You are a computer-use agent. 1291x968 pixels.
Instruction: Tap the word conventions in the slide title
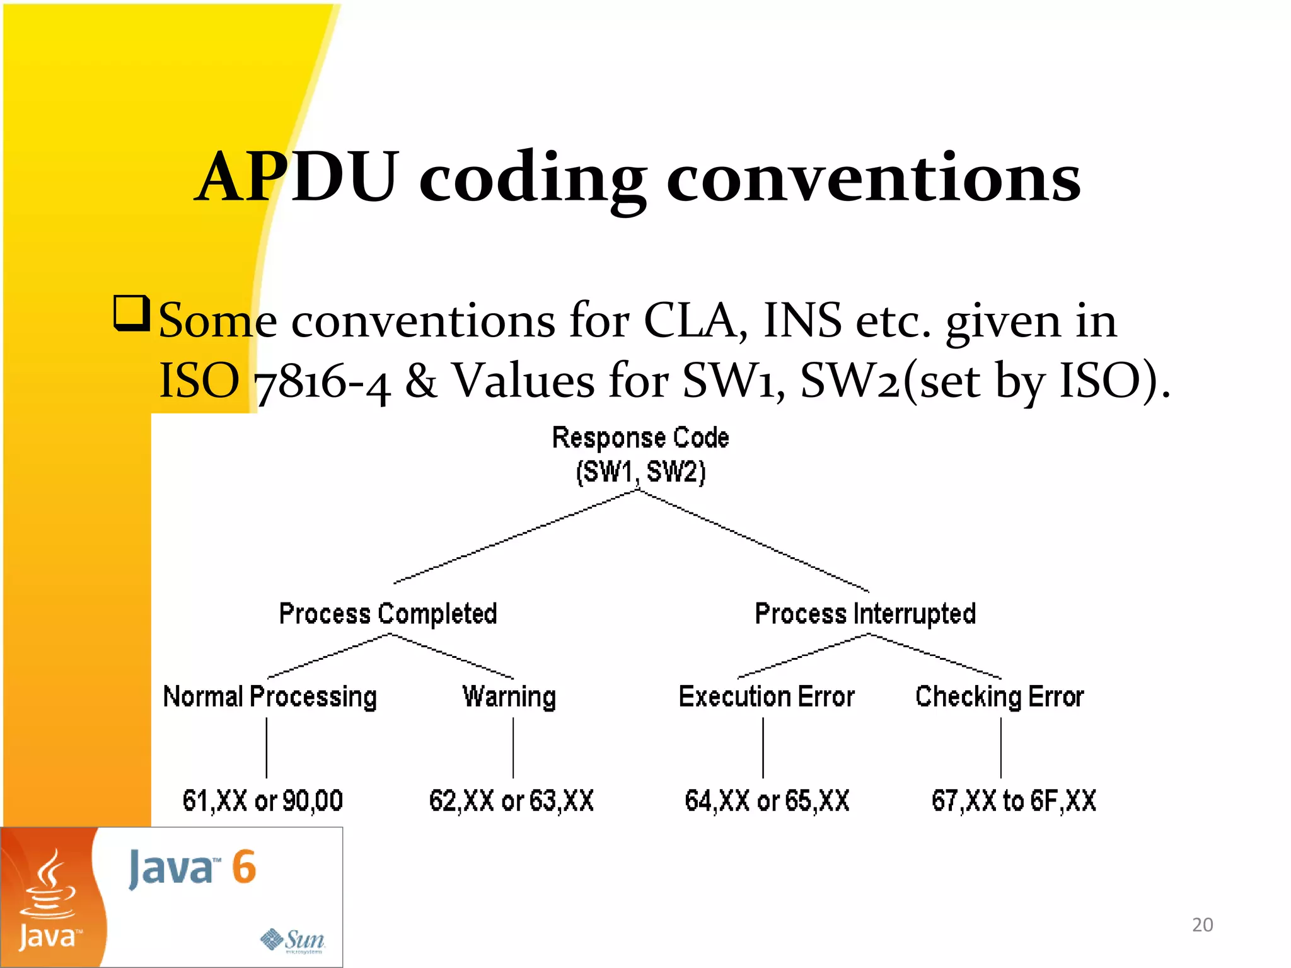(x=873, y=178)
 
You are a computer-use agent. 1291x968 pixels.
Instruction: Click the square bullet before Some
(x=131, y=313)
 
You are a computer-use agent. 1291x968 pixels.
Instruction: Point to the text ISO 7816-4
(x=274, y=381)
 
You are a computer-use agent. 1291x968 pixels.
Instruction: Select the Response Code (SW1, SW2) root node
(x=640, y=454)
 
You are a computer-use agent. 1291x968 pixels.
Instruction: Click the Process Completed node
(x=388, y=614)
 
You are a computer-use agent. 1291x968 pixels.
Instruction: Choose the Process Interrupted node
(x=865, y=614)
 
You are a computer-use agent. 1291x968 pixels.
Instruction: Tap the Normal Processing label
(x=270, y=697)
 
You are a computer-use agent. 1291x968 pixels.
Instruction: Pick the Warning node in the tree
(x=509, y=697)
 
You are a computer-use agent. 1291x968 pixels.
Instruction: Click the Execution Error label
(x=767, y=697)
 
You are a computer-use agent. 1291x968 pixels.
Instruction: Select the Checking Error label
(x=1000, y=697)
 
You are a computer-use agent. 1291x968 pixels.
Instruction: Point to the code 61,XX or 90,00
(x=262, y=800)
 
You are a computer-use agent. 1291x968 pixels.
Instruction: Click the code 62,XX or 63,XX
(x=511, y=800)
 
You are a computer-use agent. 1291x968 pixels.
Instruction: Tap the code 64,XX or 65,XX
(x=767, y=800)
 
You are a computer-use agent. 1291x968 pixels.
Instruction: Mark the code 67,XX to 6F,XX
(x=1014, y=800)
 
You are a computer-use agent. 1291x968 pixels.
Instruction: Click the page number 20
(x=1202, y=925)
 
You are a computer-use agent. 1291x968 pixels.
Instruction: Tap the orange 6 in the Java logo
(x=243, y=867)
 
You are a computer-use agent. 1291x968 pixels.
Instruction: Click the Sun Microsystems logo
(x=294, y=940)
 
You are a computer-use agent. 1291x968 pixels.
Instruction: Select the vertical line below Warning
(x=513, y=747)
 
